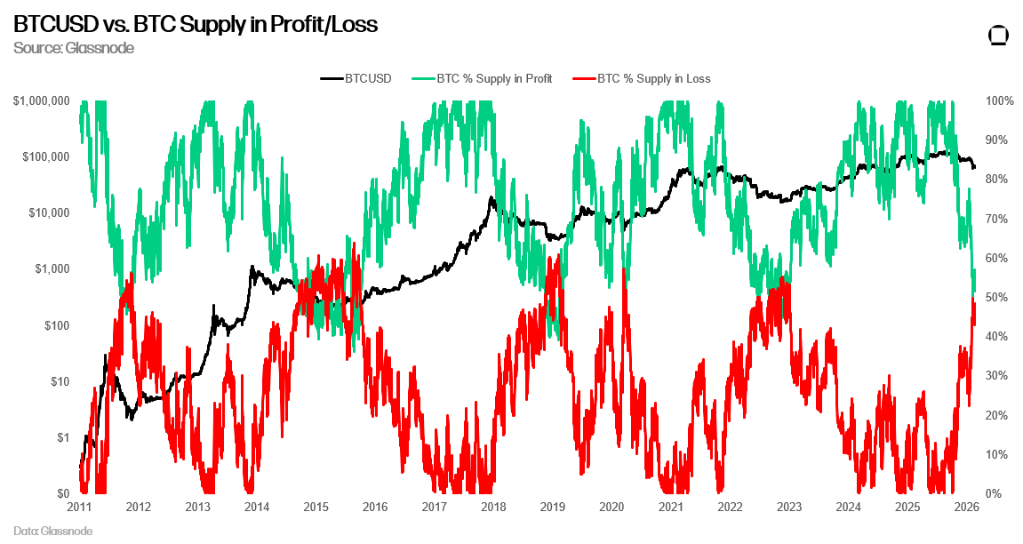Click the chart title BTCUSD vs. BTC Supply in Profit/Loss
tap(196, 25)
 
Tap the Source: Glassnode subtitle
tap(74, 48)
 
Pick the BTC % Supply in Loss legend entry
tap(653, 78)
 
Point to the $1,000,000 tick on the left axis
tap(42, 101)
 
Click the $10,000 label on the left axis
tap(48, 213)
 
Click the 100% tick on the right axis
tap(999, 101)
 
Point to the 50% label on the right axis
tap(996, 298)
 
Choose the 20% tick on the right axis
tap(996, 415)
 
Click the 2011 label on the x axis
tap(79, 508)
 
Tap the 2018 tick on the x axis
tap(493, 508)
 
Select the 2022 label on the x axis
tap(730, 508)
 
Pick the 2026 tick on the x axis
tap(966, 508)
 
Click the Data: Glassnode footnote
tap(52, 531)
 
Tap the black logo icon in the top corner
tap(999, 36)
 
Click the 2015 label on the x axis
tap(316, 508)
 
